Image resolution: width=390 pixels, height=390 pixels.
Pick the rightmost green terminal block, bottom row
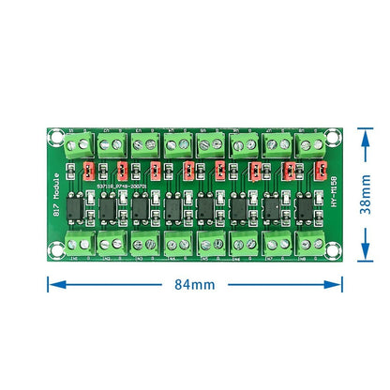(308, 246)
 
